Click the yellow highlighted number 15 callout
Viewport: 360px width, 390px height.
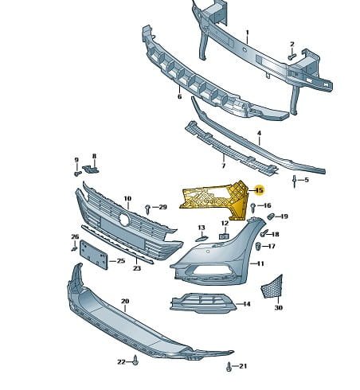coord(259,190)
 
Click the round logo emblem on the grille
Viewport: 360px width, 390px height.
coord(124,220)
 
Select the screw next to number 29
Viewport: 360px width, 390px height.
coord(148,209)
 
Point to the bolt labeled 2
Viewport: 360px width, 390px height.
coord(292,57)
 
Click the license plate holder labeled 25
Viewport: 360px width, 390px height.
coord(94,255)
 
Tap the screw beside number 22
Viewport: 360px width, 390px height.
coord(135,360)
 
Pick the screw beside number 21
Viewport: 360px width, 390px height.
coord(229,367)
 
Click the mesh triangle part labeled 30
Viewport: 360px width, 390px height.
coord(272,288)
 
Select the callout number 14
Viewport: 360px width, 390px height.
coord(246,304)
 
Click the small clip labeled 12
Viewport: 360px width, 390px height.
coord(224,236)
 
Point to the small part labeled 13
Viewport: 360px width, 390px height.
coord(202,239)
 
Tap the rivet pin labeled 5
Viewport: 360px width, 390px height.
coord(294,181)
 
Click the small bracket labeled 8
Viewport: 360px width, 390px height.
coord(91,169)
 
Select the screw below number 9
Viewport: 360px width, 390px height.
coord(77,174)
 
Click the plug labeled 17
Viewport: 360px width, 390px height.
coord(258,246)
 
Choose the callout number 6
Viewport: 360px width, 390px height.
coord(179,96)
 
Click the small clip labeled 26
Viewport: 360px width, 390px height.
coord(74,248)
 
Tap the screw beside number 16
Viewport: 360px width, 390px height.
coord(253,208)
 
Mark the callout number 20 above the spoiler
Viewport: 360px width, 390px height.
coord(125,301)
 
